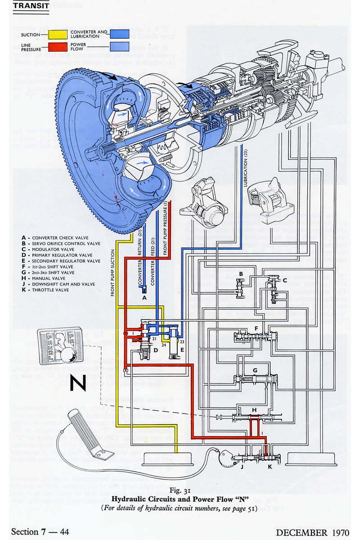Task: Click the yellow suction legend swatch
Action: pos(54,34)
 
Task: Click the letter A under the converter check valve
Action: pos(144,297)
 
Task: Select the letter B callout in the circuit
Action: pos(241,274)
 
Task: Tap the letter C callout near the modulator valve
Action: pos(284,280)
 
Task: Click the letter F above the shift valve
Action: pos(256,328)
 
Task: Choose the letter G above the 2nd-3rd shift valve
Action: pos(255,370)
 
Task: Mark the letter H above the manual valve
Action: pos(254,410)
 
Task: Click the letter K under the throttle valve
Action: pos(270,468)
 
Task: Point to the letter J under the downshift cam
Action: pos(242,468)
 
